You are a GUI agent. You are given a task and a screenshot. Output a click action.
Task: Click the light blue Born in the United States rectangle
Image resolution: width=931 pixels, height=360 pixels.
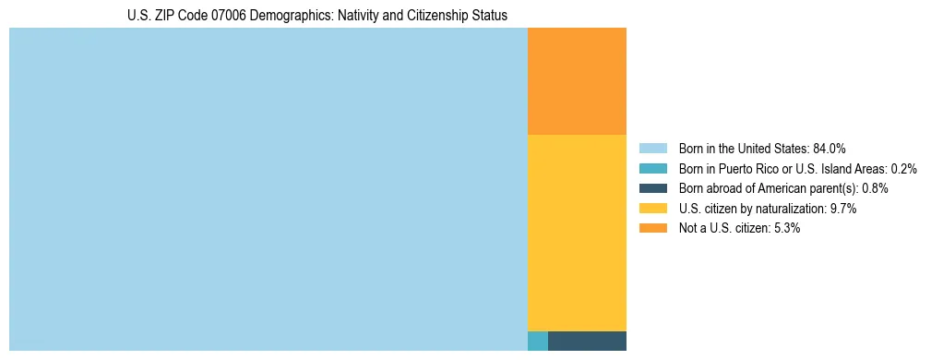[268, 189]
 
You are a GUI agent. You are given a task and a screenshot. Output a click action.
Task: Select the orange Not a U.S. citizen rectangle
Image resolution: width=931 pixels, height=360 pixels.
[577, 81]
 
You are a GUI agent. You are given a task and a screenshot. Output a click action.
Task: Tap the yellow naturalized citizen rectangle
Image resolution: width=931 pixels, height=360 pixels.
[577, 233]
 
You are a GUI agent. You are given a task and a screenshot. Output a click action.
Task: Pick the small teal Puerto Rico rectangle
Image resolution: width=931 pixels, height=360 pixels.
[538, 341]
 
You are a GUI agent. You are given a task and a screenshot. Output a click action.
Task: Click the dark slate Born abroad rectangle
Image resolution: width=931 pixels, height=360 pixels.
[587, 341]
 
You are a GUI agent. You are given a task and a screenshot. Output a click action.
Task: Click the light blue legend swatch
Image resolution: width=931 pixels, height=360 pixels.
[653, 148]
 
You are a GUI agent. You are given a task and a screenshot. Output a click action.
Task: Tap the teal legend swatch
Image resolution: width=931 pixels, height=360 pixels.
[653, 168]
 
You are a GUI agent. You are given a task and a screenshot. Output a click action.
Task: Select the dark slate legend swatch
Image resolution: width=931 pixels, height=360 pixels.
[653, 188]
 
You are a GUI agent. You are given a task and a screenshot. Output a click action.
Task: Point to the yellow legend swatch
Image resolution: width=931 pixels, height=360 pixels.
[653, 209]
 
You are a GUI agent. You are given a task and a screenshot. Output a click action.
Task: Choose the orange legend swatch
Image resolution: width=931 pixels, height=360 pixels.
[653, 229]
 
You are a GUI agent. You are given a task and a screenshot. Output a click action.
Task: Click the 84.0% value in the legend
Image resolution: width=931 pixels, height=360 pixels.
[829, 148]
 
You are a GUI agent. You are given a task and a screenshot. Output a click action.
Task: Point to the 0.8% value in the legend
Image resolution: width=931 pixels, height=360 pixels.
[876, 188]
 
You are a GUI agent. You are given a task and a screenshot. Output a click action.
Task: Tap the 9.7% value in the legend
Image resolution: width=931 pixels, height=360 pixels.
[843, 209]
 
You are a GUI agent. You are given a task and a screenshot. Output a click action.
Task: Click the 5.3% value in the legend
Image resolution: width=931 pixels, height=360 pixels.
[786, 229]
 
